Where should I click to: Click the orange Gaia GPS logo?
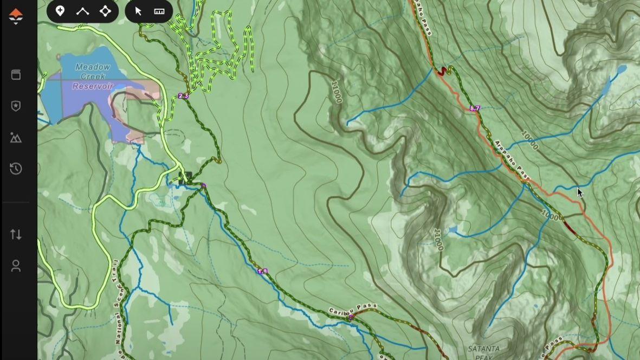tap(16, 16)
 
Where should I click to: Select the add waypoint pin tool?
tap(60, 11)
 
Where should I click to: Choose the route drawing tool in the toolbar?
tap(82, 11)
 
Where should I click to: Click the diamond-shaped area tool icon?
tap(105, 11)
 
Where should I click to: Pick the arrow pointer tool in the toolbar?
tap(138, 11)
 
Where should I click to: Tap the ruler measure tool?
tap(159, 11)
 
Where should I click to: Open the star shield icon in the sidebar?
tap(16, 106)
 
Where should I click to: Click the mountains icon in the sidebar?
tap(16, 138)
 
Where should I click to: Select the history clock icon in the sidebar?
tap(16, 169)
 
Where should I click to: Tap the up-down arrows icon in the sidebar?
tap(16, 234)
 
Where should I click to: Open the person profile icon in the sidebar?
tap(16, 266)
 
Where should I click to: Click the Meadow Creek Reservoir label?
tap(92, 76)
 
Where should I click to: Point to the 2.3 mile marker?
tap(183, 96)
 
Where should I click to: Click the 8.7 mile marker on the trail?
tap(475, 108)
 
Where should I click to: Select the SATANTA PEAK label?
tap(484, 352)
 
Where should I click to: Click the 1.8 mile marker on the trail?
tap(262, 271)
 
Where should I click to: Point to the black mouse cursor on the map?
tap(579, 192)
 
